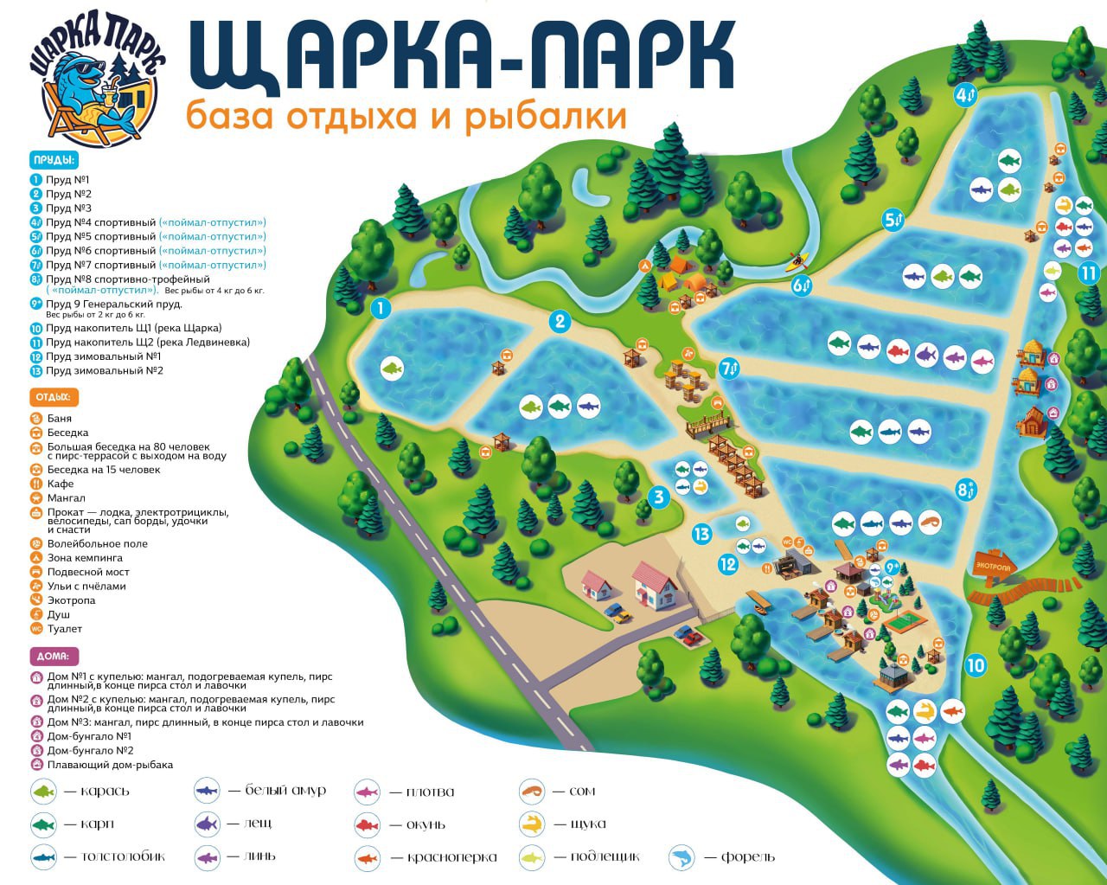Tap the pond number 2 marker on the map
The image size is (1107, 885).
click(x=560, y=322)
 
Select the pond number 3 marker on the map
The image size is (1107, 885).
click(x=659, y=497)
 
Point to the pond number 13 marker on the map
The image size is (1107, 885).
click(x=701, y=534)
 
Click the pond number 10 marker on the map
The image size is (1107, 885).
click(x=976, y=665)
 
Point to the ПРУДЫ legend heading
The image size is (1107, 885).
click(x=54, y=160)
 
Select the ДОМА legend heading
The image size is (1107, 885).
click(x=54, y=657)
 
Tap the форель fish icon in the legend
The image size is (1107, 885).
click(x=682, y=857)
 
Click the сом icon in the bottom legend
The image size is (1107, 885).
click(x=532, y=791)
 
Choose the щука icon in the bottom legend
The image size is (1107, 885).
click(x=532, y=824)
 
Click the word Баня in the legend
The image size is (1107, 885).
click(x=60, y=418)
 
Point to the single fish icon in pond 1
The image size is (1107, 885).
click(x=393, y=369)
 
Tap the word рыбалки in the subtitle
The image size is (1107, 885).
click(x=546, y=116)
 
